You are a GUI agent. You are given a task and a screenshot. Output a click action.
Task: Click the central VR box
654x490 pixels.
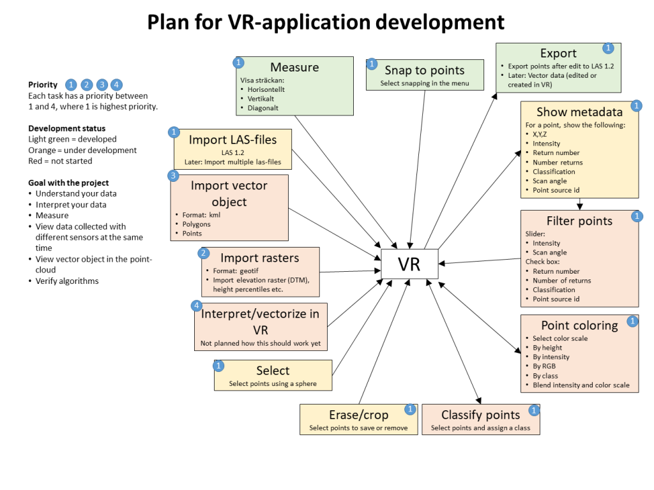pos(409,264)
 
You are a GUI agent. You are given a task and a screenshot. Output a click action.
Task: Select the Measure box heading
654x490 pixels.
pos(294,67)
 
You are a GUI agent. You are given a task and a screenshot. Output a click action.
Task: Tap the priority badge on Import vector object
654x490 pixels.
pos(174,175)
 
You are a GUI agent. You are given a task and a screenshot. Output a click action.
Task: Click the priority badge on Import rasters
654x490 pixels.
pos(203,253)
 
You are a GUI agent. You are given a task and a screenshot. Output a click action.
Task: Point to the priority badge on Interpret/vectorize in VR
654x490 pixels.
pos(197,306)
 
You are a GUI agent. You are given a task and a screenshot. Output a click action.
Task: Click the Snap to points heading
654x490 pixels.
pos(425,70)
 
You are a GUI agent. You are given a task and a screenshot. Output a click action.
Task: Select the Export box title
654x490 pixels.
pos(558,54)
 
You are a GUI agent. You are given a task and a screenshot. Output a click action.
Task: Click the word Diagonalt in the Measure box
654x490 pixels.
pos(262,108)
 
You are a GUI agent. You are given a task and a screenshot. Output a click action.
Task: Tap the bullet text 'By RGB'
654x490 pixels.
pos(544,366)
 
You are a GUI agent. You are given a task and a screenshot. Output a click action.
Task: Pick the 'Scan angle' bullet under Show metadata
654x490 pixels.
pos(550,181)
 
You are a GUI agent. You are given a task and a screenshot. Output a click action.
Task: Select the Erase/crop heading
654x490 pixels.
pos(359,415)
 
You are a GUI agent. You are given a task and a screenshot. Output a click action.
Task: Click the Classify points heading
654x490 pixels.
pos(480,415)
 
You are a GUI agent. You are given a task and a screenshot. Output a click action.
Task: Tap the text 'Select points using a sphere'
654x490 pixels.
pos(273,383)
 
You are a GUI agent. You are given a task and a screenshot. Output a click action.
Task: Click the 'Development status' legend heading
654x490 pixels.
pos(66,128)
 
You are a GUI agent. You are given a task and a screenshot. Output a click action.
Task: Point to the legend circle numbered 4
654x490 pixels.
pos(116,85)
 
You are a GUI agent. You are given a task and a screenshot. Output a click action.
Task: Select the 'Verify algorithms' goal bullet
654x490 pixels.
pos(67,281)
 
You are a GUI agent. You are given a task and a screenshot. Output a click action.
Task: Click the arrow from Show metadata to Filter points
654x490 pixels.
pos(580,204)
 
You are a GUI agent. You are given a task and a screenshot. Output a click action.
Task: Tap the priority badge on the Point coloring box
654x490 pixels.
pos(632,322)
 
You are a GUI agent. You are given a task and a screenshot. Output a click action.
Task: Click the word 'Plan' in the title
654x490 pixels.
pos(168,22)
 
